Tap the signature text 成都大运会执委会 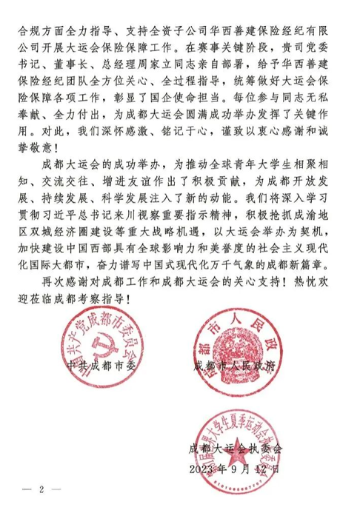(x=236, y=449)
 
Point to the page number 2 (x=42, y=489)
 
